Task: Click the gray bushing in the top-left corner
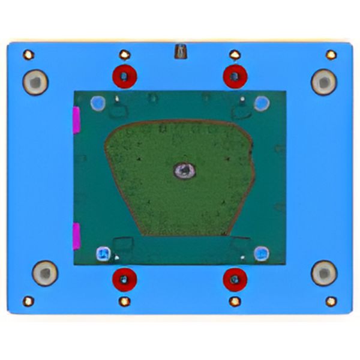[35, 82]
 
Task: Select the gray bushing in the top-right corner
[323, 82]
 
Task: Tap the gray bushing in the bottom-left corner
[44, 274]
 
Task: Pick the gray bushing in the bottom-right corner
[324, 274]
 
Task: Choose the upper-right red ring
[235, 76]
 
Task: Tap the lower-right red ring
[235, 278]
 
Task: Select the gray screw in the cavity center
[184, 172]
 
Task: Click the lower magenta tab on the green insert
[76, 236]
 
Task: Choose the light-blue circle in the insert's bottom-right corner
[261, 253]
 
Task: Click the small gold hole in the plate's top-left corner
[28, 55]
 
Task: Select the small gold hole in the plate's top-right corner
[331, 55]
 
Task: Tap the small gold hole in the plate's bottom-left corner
[28, 301]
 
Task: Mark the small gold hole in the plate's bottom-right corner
[331, 301]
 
